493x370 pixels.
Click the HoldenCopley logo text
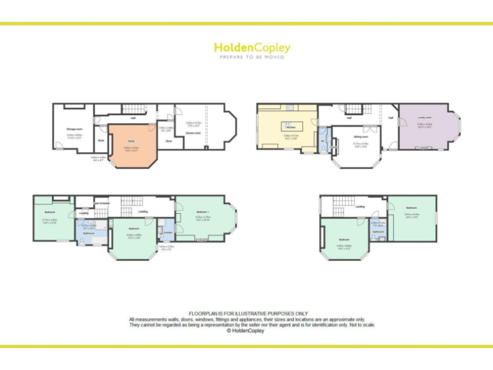point(252,48)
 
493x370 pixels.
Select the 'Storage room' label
point(74,129)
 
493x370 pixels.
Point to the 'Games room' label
point(193,132)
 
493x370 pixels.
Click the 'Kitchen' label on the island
point(290,127)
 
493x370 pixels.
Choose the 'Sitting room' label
point(361,137)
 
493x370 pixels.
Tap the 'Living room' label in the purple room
point(424,118)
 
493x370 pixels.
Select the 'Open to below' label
point(102,203)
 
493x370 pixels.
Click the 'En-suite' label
point(167,233)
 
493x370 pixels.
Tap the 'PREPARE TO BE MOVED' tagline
point(252,57)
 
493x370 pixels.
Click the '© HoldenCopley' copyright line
point(246,331)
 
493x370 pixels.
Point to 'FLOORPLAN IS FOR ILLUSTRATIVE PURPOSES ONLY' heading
point(246,313)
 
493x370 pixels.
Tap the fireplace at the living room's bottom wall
point(425,148)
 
